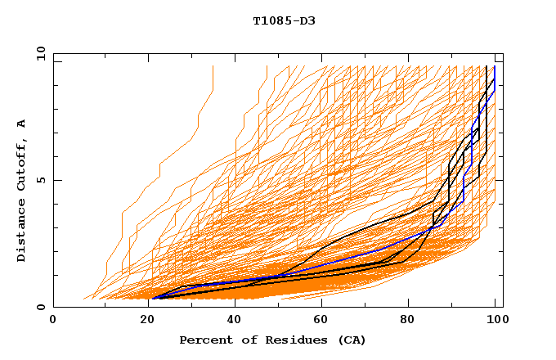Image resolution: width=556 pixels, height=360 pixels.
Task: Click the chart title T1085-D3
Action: point(284,20)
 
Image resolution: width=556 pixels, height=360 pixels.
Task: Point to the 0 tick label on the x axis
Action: point(53,320)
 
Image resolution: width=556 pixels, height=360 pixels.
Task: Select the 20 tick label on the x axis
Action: point(142,320)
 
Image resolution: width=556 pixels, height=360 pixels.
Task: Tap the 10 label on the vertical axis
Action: point(38,53)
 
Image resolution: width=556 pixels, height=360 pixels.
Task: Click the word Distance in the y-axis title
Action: point(21,230)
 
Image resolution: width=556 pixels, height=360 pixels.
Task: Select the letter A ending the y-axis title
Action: point(21,124)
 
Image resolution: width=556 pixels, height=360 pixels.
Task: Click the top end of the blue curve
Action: point(494,67)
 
